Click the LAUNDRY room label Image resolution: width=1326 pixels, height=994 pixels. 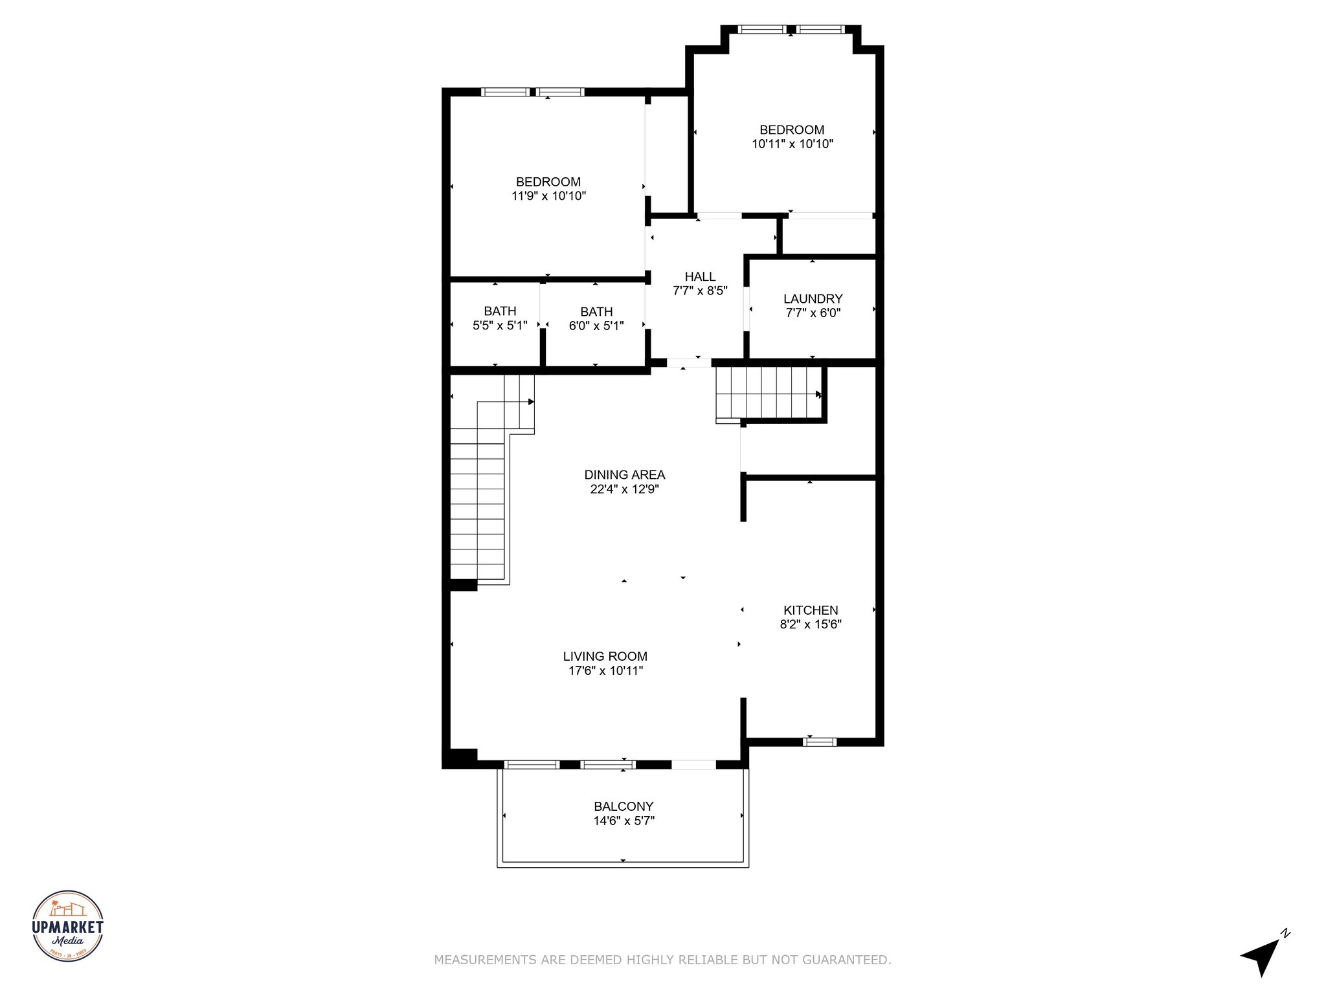point(813,299)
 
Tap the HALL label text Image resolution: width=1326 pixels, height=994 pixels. point(700,277)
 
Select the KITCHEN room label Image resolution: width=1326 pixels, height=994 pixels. point(811,610)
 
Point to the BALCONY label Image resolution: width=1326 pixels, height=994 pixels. point(624,806)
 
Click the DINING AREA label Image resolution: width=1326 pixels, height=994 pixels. point(625,475)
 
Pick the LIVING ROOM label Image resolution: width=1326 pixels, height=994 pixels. point(605,656)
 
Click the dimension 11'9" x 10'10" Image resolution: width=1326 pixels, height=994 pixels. point(548,196)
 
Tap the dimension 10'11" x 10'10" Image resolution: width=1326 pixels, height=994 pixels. point(792,144)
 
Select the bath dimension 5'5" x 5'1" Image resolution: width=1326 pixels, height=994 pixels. point(500,326)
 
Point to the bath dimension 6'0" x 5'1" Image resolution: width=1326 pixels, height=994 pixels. point(596,326)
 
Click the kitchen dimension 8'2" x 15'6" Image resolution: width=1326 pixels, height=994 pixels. point(811,624)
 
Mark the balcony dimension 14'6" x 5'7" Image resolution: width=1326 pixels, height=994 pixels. point(624,821)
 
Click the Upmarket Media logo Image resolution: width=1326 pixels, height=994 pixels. point(68,925)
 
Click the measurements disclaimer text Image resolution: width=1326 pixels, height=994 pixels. point(662,960)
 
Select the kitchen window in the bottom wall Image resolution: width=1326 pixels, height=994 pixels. point(819,742)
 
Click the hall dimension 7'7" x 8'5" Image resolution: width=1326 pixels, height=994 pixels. point(700,291)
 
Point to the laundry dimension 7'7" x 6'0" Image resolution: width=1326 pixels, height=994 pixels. point(813,313)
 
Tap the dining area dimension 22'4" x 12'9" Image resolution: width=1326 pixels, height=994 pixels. point(624,489)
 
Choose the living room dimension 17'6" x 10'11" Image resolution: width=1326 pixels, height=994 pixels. point(605,670)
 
